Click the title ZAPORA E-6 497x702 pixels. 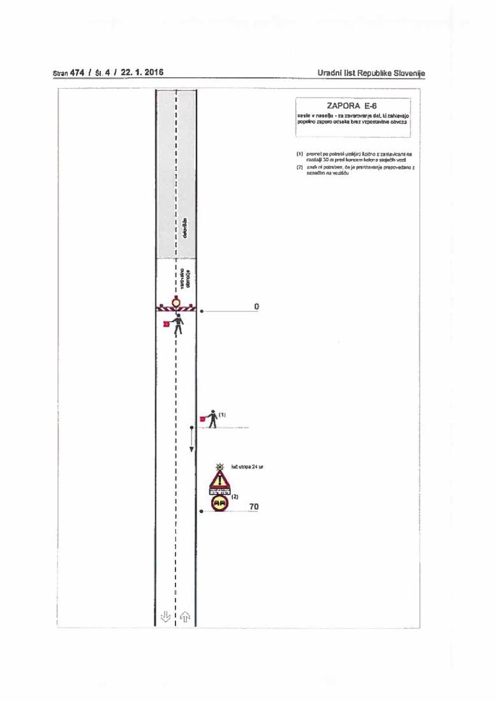tap(353, 106)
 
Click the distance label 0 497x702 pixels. tap(256, 307)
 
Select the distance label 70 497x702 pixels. tap(254, 507)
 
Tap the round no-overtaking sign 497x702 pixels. tap(219, 504)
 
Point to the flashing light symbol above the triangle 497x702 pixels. tap(219, 467)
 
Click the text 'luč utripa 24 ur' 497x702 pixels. tap(248, 467)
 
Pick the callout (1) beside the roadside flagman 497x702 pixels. tap(222, 415)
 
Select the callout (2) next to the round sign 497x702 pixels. tap(235, 496)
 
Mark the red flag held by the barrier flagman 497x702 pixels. tap(166, 324)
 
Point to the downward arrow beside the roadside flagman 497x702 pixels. tap(191, 441)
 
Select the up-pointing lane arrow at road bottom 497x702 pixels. tap(186, 616)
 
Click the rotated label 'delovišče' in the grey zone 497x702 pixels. tap(185, 229)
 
